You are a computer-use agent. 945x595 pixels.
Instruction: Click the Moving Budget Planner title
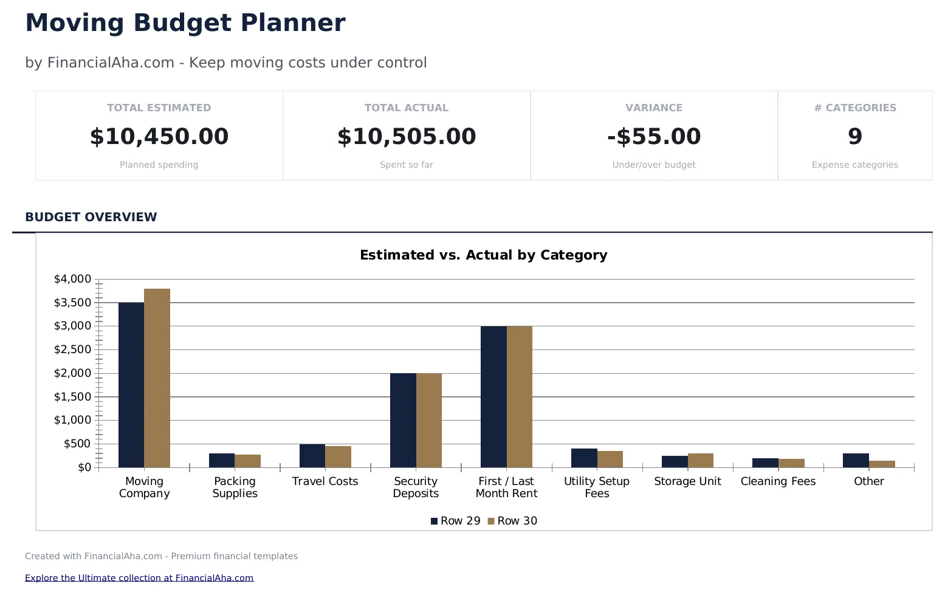[x=185, y=23]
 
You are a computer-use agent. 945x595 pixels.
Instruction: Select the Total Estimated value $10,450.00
[x=159, y=137]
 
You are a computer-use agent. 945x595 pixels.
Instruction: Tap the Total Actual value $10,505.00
[x=407, y=137]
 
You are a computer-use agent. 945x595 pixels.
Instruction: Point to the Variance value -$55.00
[x=654, y=137]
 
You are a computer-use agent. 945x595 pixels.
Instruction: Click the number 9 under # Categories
[x=854, y=137]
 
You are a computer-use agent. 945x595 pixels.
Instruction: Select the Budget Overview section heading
[x=91, y=217]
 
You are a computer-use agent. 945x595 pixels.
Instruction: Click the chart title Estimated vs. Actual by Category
[x=483, y=255]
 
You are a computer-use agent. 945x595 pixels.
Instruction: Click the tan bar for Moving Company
[x=157, y=378]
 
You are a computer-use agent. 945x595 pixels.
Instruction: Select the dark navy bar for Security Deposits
[x=403, y=420]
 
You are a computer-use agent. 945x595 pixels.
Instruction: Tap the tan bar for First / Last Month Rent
[x=520, y=396]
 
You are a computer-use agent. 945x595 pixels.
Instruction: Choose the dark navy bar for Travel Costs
[x=312, y=456]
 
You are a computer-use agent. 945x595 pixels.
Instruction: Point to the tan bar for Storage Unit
[x=700, y=461]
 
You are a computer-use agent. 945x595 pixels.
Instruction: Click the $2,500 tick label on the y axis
[x=72, y=349]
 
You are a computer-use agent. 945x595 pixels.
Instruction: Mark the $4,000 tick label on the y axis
[x=72, y=279]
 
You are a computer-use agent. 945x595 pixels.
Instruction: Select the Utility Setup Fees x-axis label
[x=596, y=487]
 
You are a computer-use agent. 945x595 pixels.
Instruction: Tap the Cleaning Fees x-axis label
[x=778, y=481]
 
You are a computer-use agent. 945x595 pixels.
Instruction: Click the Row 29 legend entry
[x=456, y=521]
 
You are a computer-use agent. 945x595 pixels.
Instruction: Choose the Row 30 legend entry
[x=513, y=521]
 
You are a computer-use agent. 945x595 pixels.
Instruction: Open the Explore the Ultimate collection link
[x=139, y=578]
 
